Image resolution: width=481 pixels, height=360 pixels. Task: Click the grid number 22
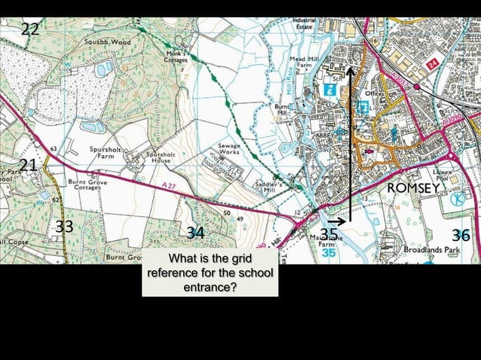pos(31,30)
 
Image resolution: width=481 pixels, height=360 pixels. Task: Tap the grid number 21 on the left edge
pos(28,165)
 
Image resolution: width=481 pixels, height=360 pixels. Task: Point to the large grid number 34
pos(195,233)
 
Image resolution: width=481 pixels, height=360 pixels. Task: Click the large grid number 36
pos(460,235)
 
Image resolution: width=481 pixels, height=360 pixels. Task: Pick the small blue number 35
pos(329,254)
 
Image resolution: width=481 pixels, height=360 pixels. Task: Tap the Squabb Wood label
pos(108,42)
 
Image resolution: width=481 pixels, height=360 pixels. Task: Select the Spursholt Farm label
pos(106,153)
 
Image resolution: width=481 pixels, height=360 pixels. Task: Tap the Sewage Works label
pos(229,148)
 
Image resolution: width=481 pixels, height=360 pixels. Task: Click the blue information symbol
pos(329,89)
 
